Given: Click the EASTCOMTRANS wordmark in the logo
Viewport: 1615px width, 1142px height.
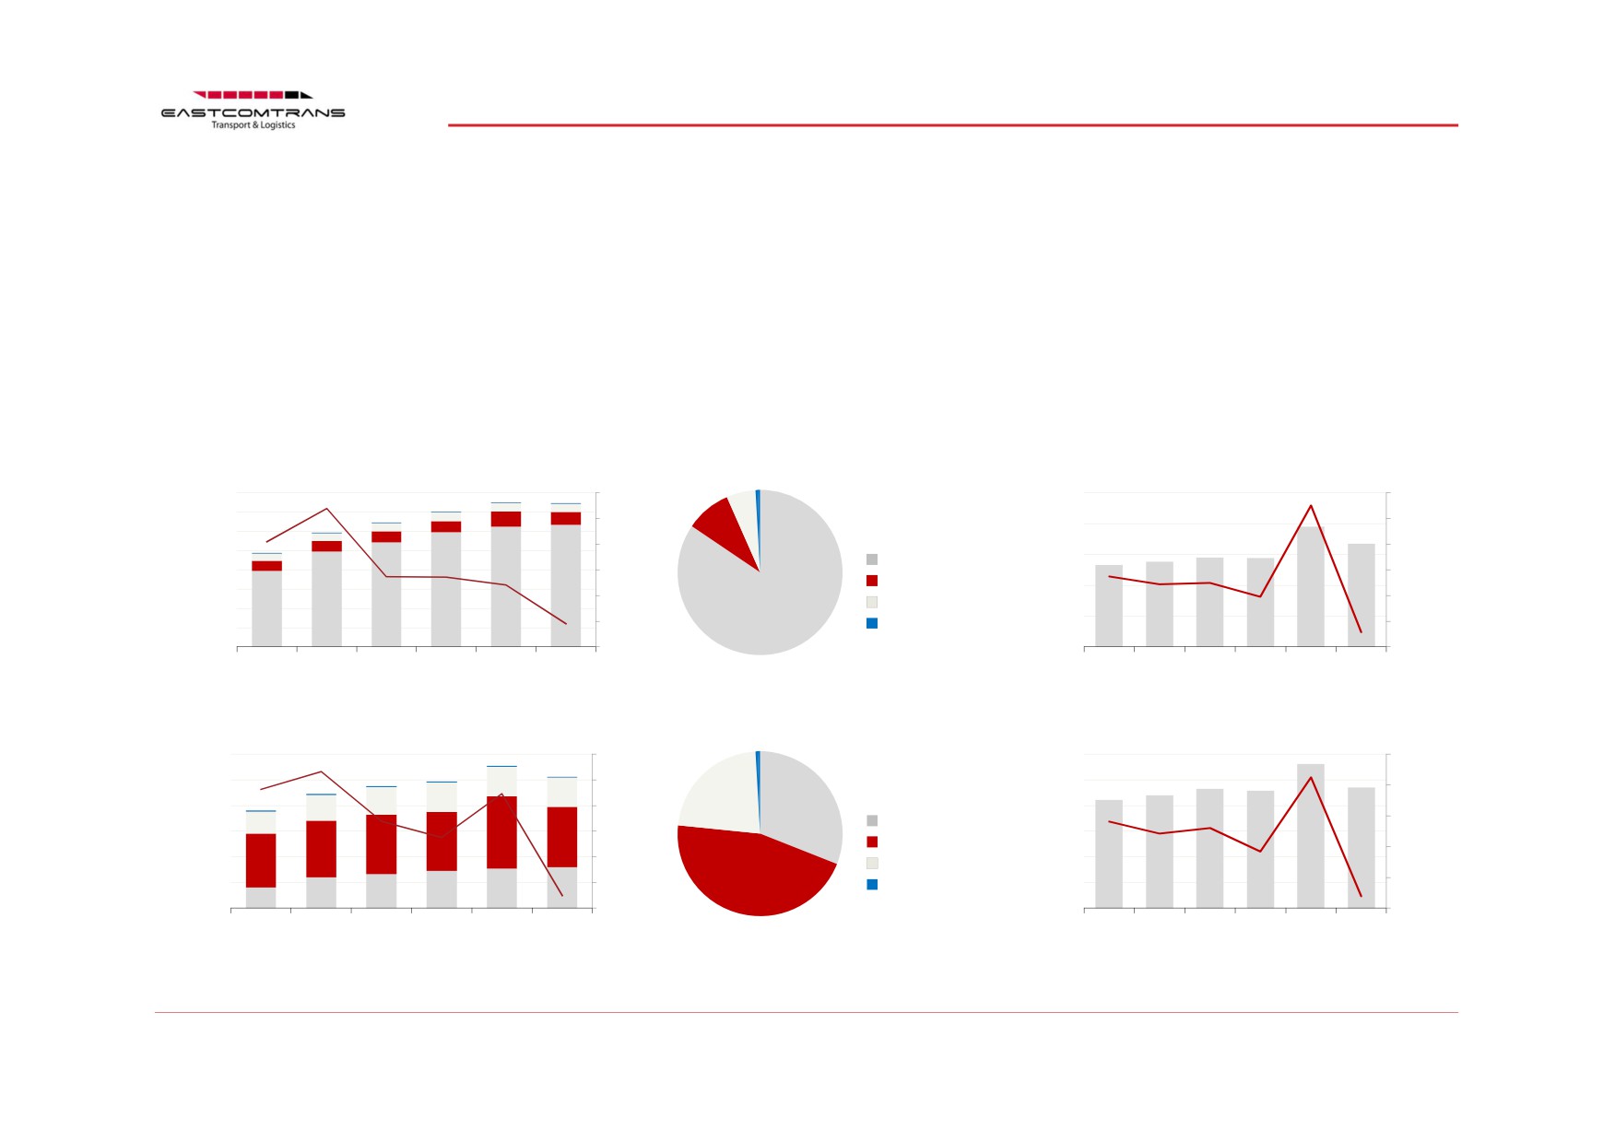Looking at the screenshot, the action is [253, 112].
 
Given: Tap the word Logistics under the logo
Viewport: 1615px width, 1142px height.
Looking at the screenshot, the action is [277, 125].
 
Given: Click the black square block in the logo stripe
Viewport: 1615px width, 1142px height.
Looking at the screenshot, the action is [291, 94].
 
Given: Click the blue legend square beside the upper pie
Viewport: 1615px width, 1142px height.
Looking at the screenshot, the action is [872, 623].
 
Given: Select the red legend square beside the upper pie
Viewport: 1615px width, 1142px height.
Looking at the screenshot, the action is [872, 581].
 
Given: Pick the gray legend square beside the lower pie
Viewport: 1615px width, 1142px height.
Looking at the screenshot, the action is [872, 820].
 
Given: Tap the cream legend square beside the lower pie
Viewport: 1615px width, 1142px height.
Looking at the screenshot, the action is [872, 863].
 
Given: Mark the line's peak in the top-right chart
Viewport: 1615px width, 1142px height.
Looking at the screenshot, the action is [1311, 505].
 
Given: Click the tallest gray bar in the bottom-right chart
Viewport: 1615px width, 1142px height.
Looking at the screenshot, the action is [1311, 836].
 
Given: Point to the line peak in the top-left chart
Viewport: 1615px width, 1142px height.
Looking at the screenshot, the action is [326, 509].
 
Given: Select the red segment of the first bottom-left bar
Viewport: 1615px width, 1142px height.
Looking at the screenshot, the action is [261, 861].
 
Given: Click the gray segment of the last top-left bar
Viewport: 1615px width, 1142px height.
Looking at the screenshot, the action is [566, 585].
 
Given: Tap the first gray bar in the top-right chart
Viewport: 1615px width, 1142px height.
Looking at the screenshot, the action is [1109, 606].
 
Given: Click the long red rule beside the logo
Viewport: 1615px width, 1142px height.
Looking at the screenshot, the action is [953, 125].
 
